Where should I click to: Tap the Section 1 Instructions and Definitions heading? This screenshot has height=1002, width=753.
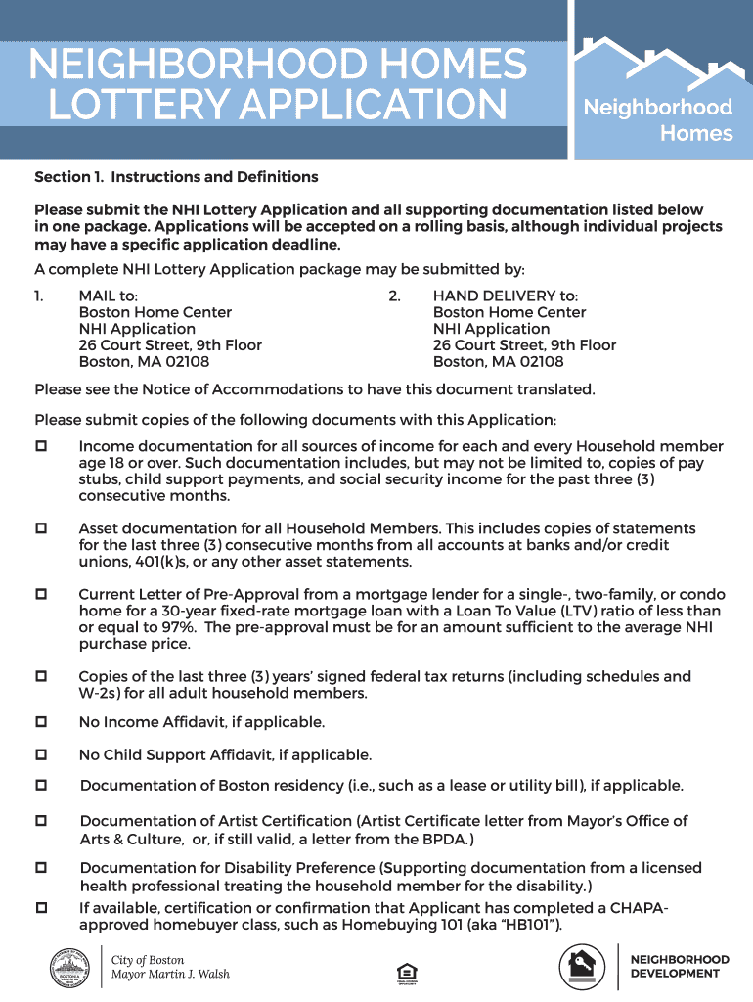point(176,177)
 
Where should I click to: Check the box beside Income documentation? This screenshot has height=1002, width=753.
point(42,446)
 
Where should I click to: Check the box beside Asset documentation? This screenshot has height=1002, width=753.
point(42,528)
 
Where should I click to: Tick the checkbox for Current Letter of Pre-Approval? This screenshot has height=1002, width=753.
point(42,594)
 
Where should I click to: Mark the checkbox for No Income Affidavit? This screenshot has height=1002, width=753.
point(42,721)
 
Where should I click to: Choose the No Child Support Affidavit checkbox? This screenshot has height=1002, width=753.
point(42,754)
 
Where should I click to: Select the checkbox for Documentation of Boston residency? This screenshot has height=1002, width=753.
point(42,786)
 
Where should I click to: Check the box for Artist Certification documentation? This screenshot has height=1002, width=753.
point(42,821)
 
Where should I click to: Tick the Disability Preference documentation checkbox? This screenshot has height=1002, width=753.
point(42,868)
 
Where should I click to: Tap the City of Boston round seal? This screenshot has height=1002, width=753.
point(71,967)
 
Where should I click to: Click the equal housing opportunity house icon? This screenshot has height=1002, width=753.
point(406,973)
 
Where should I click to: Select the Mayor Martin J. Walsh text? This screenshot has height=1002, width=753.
point(170,974)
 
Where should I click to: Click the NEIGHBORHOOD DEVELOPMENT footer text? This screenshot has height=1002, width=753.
point(680,967)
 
